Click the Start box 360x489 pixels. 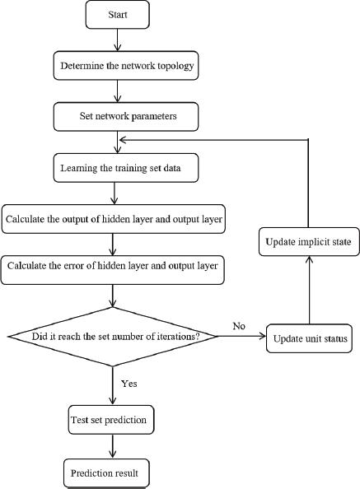pyautogui.click(x=117, y=16)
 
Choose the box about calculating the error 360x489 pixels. pyautogui.click(x=113, y=267)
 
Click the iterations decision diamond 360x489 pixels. pyautogui.click(x=114, y=338)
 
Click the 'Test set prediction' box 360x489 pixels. pyautogui.click(x=108, y=421)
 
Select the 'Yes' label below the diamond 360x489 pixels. pyautogui.click(x=129, y=383)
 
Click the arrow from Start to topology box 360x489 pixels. pyautogui.click(x=117, y=39)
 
